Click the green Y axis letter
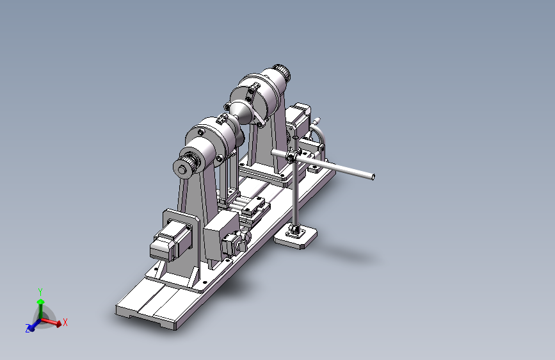coord(40,292)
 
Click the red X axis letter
coord(65,322)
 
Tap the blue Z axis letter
coord(28,329)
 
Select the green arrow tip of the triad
coord(41,302)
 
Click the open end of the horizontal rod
coord(373,177)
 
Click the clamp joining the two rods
coord(293,156)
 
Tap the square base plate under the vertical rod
coord(296,238)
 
